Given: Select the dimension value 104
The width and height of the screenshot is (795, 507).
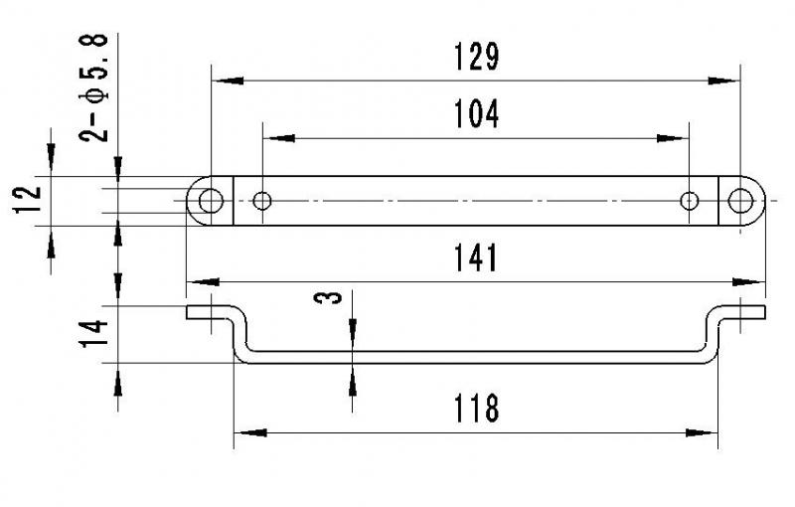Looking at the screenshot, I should coord(477,114).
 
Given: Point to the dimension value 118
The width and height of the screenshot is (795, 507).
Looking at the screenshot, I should coord(477,409).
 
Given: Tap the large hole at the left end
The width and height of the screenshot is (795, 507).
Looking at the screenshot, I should coord(210,201).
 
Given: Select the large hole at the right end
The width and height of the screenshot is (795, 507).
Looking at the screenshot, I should coord(740,201).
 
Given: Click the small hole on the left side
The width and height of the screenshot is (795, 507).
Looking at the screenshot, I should coord(262,201).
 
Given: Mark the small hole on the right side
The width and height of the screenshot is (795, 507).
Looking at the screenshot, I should coord(689,201).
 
